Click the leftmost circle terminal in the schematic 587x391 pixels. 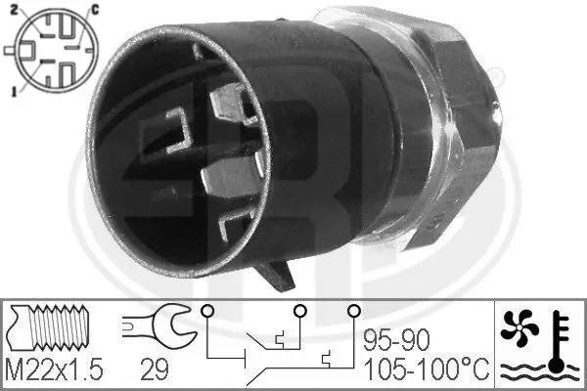click(x=205, y=312)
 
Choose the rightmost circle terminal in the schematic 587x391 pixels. click(x=350, y=312)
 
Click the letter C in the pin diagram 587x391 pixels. click(x=94, y=9)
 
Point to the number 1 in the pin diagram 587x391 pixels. click(x=11, y=91)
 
